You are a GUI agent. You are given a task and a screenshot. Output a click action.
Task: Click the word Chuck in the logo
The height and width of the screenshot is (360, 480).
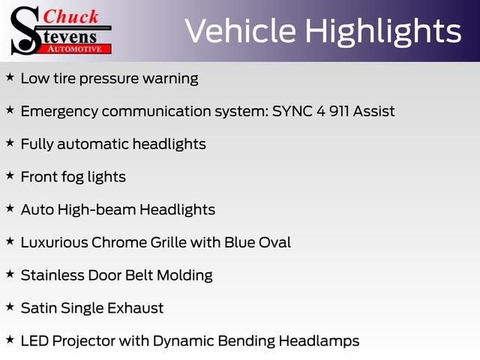tap(70, 16)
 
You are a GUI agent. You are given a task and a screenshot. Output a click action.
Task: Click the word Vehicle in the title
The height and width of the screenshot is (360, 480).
tap(240, 31)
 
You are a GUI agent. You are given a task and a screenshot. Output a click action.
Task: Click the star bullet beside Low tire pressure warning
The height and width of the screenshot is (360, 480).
tap(10, 76)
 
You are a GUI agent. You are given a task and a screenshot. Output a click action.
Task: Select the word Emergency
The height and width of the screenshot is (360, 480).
tap(59, 112)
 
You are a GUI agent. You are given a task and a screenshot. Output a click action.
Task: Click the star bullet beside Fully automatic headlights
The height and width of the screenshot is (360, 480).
tap(10, 142)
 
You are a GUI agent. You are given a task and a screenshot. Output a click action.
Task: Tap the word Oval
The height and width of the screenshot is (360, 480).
tap(274, 242)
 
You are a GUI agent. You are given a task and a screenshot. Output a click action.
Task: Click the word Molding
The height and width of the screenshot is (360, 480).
tap(184, 276)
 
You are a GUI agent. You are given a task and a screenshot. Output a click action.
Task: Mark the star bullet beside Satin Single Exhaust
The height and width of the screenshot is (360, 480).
tap(10, 307)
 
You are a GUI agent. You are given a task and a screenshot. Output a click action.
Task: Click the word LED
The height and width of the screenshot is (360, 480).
tap(34, 340)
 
